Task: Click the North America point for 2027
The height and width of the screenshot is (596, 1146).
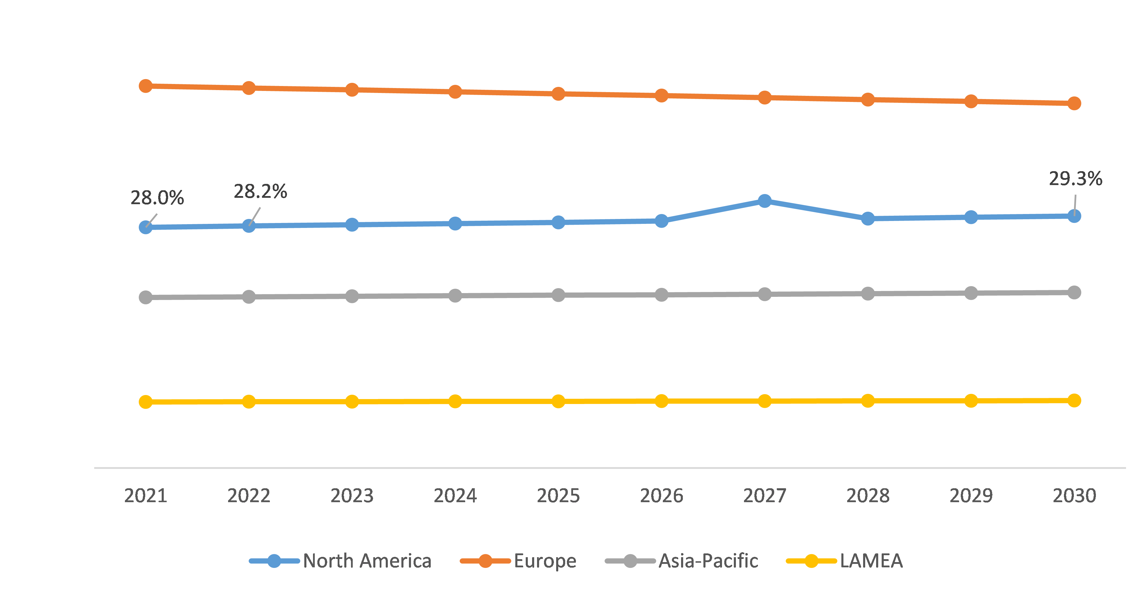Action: click(x=764, y=201)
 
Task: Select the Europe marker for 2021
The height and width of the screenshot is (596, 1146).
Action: click(x=145, y=86)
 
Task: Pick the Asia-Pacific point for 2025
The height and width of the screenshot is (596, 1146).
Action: click(x=558, y=295)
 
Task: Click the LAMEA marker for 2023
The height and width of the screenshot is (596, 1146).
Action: click(x=352, y=402)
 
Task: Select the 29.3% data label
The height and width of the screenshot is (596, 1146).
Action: click(x=1075, y=179)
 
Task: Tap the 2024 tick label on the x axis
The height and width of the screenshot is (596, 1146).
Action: click(x=455, y=496)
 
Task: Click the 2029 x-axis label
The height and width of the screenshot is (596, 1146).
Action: click(x=971, y=496)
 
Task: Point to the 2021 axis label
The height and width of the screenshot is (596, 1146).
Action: click(x=145, y=496)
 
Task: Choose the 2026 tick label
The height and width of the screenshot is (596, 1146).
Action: click(x=661, y=496)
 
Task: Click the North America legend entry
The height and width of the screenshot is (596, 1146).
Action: click(x=367, y=561)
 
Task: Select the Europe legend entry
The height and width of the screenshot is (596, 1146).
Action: click(x=545, y=561)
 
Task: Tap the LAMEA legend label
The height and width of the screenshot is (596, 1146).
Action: click(x=871, y=561)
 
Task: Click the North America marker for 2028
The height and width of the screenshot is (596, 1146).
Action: click(x=867, y=218)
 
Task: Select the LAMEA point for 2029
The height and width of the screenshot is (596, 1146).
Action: click(x=971, y=401)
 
